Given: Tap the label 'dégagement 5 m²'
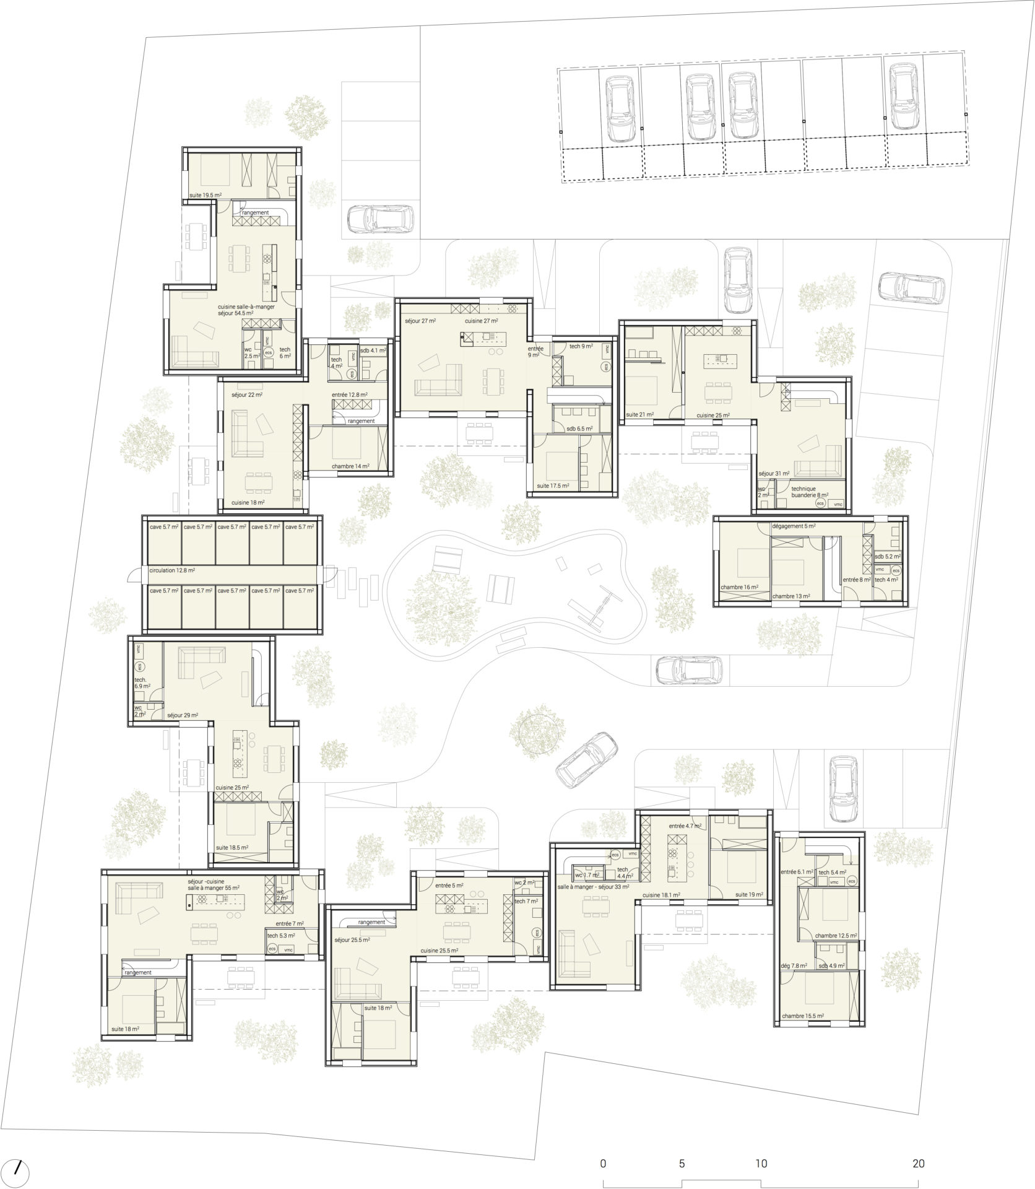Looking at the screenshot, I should [x=794, y=526].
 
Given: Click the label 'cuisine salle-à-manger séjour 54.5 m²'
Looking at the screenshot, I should [x=246, y=310].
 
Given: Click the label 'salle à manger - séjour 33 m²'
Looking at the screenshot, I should [x=593, y=887].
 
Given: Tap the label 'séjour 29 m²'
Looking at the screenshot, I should [x=183, y=715].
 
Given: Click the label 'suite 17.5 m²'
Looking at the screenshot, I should [x=553, y=486].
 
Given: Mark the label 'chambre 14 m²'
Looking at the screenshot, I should [x=350, y=466].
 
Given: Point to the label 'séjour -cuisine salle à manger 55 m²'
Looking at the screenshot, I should [x=214, y=884].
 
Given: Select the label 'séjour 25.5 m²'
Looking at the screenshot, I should [x=352, y=957].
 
